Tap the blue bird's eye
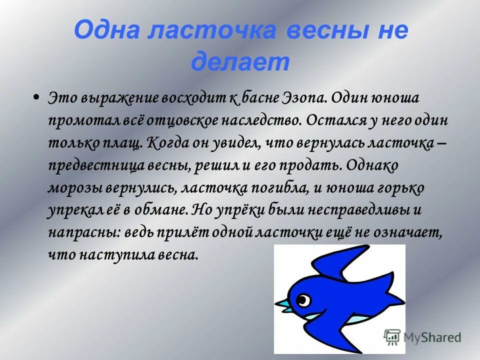tap(302, 299)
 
